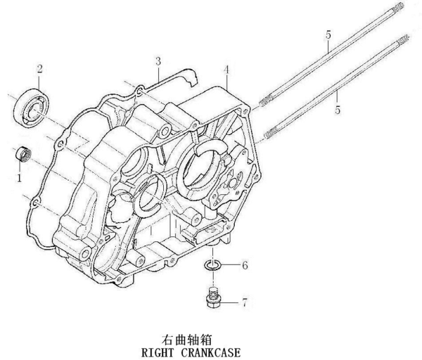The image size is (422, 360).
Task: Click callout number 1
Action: click(20, 179)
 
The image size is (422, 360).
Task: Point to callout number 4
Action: click(226, 70)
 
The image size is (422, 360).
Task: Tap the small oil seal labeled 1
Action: click(24, 153)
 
